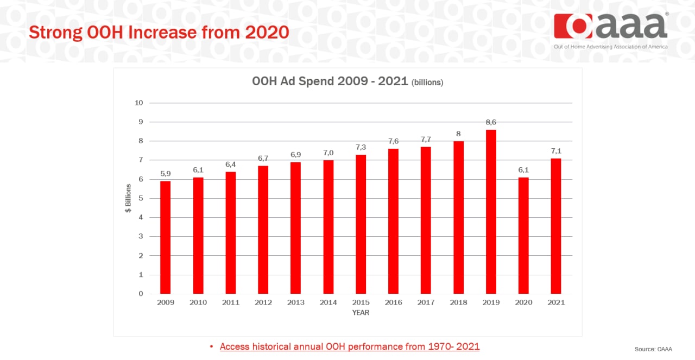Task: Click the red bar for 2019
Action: (491, 212)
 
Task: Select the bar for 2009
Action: (166, 237)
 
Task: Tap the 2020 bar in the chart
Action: (523, 236)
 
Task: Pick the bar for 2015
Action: (361, 224)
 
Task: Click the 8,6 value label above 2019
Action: (491, 122)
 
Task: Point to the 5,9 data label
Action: (166, 174)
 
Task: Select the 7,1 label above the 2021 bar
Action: (556, 151)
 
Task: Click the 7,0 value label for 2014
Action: (328, 153)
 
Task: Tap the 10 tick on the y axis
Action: (138, 103)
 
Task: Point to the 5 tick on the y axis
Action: (141, 198)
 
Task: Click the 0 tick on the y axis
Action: (141, 294)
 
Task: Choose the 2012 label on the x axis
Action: (263, 302)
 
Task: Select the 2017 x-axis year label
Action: (426, 302)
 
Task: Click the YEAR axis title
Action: (361, 313)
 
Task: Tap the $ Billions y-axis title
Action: (128, 198)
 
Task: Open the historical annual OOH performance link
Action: (350, 346)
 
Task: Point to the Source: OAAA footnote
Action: (653, 349)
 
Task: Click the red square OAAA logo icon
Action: (573, 26)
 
